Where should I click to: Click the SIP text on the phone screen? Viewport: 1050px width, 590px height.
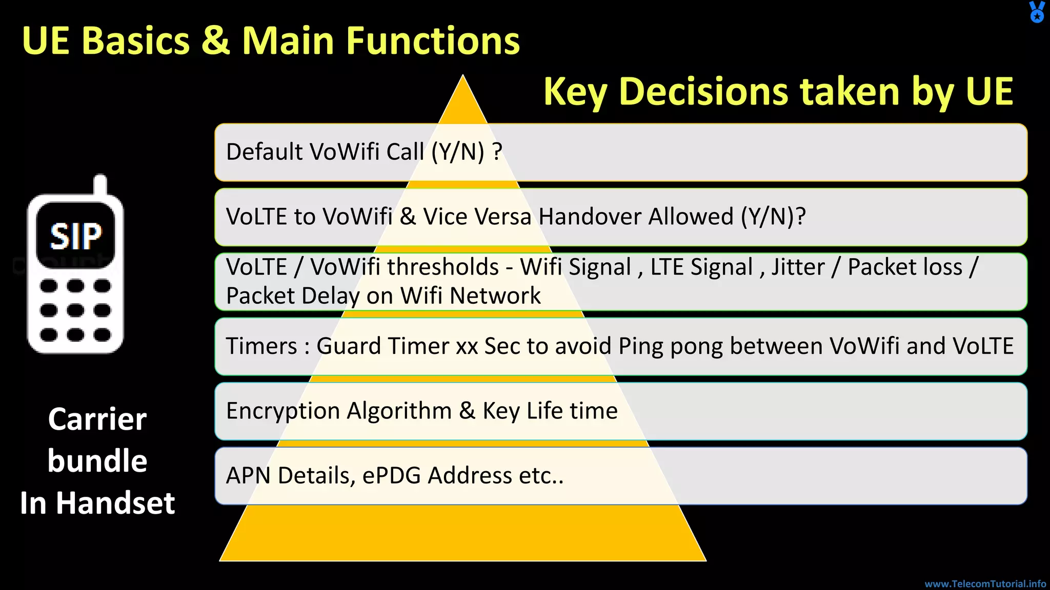point(76,237)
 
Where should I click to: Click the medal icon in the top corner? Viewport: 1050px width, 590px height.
point(1037,12)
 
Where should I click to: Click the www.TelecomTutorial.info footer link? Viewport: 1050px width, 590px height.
point(985,584)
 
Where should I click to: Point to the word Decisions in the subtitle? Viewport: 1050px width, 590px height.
point(703,92)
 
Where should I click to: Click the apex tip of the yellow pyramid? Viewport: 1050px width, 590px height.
point(463,78)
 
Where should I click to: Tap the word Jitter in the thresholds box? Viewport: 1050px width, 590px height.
point(798,267)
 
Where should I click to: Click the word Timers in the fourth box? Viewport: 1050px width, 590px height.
point(261,346)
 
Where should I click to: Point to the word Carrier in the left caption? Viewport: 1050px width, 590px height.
point(97,419)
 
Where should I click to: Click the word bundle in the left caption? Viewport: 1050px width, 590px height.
point(97,461)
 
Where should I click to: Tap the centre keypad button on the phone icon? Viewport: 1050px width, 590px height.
point(75,310)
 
